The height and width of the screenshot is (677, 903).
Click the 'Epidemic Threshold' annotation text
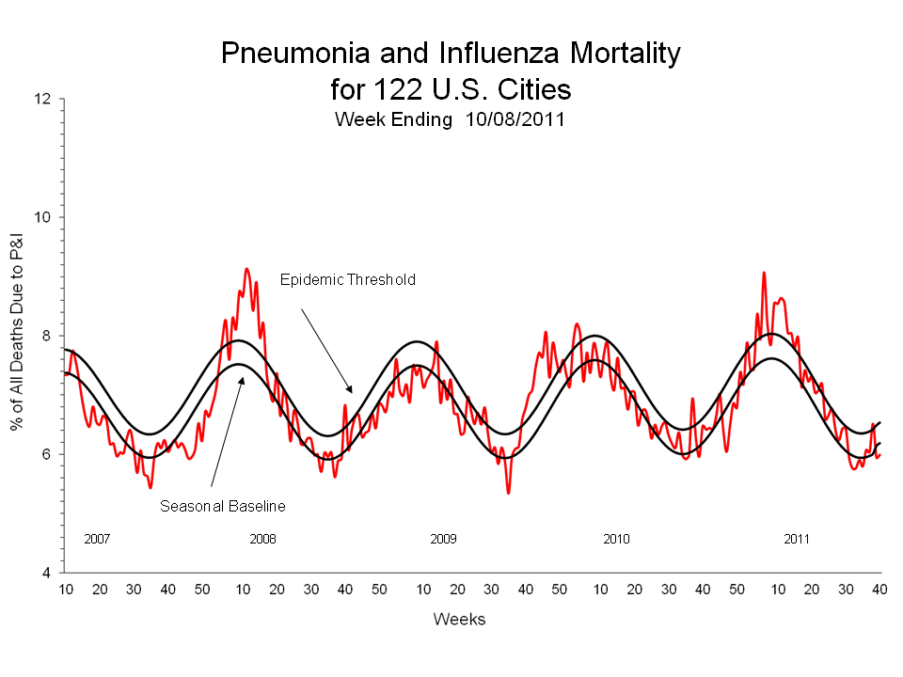tap(348, 279)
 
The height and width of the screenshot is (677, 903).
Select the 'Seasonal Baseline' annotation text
tap(222, 506)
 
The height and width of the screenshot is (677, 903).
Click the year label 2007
tap(97, 539)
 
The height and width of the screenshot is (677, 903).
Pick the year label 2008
tap(262, 539)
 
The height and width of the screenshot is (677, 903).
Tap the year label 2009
tap(443, 539)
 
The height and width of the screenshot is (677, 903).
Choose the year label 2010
tap(616, 539)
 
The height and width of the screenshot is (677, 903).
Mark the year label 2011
tap(797, 539)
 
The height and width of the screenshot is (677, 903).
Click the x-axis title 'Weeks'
tap(459, 619)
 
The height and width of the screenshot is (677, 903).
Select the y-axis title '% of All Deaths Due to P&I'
tap(17, 336)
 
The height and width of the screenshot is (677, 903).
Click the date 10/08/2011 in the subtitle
tap(515, 120)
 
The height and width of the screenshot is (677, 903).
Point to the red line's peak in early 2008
tap(246, 269)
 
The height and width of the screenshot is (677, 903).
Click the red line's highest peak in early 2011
tap(764, 273)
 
